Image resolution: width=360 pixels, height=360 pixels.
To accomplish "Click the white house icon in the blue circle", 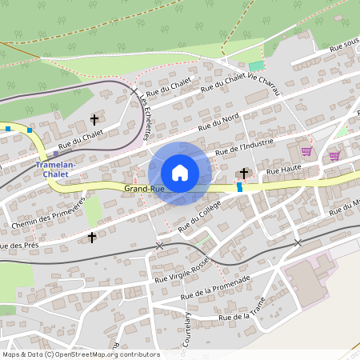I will coord(180,173).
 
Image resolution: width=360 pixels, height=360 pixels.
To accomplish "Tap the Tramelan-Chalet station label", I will coord(56,170).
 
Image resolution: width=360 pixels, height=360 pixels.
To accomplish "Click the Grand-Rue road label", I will coord(144,189).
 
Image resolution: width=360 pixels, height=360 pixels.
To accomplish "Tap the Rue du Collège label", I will coord(199,217).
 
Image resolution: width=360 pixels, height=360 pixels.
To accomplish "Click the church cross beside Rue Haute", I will coord(244,173).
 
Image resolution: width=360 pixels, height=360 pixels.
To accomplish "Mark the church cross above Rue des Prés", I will coord(92,237).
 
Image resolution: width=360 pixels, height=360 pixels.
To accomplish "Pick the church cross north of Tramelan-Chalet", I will coord(94,120).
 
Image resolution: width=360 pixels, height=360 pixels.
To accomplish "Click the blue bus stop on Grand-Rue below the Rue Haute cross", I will coord(238,187).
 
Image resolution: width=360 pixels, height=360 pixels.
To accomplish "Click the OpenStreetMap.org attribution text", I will coord(104,354).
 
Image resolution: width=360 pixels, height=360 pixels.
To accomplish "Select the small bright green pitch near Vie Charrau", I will coord(256,66).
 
